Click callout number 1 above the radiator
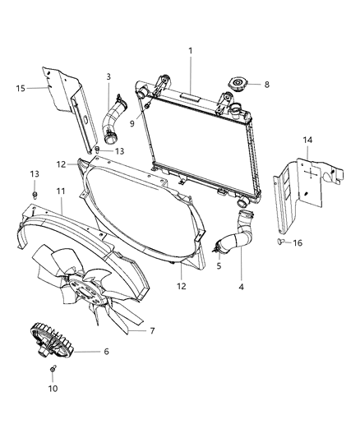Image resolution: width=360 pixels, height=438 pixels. point(191,51)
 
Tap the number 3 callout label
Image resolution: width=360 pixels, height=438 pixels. point(108,77)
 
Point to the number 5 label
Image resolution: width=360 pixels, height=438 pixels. point(219,266)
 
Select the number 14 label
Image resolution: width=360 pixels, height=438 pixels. point(307,141)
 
